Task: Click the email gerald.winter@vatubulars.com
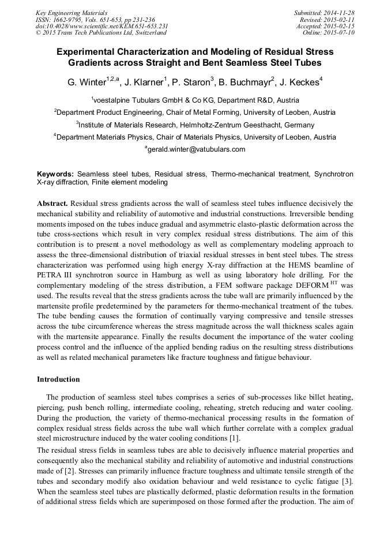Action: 196,149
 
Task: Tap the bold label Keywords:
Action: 55,173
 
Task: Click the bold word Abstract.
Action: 52,204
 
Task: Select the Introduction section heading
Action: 58,379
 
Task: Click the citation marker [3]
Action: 348,480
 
